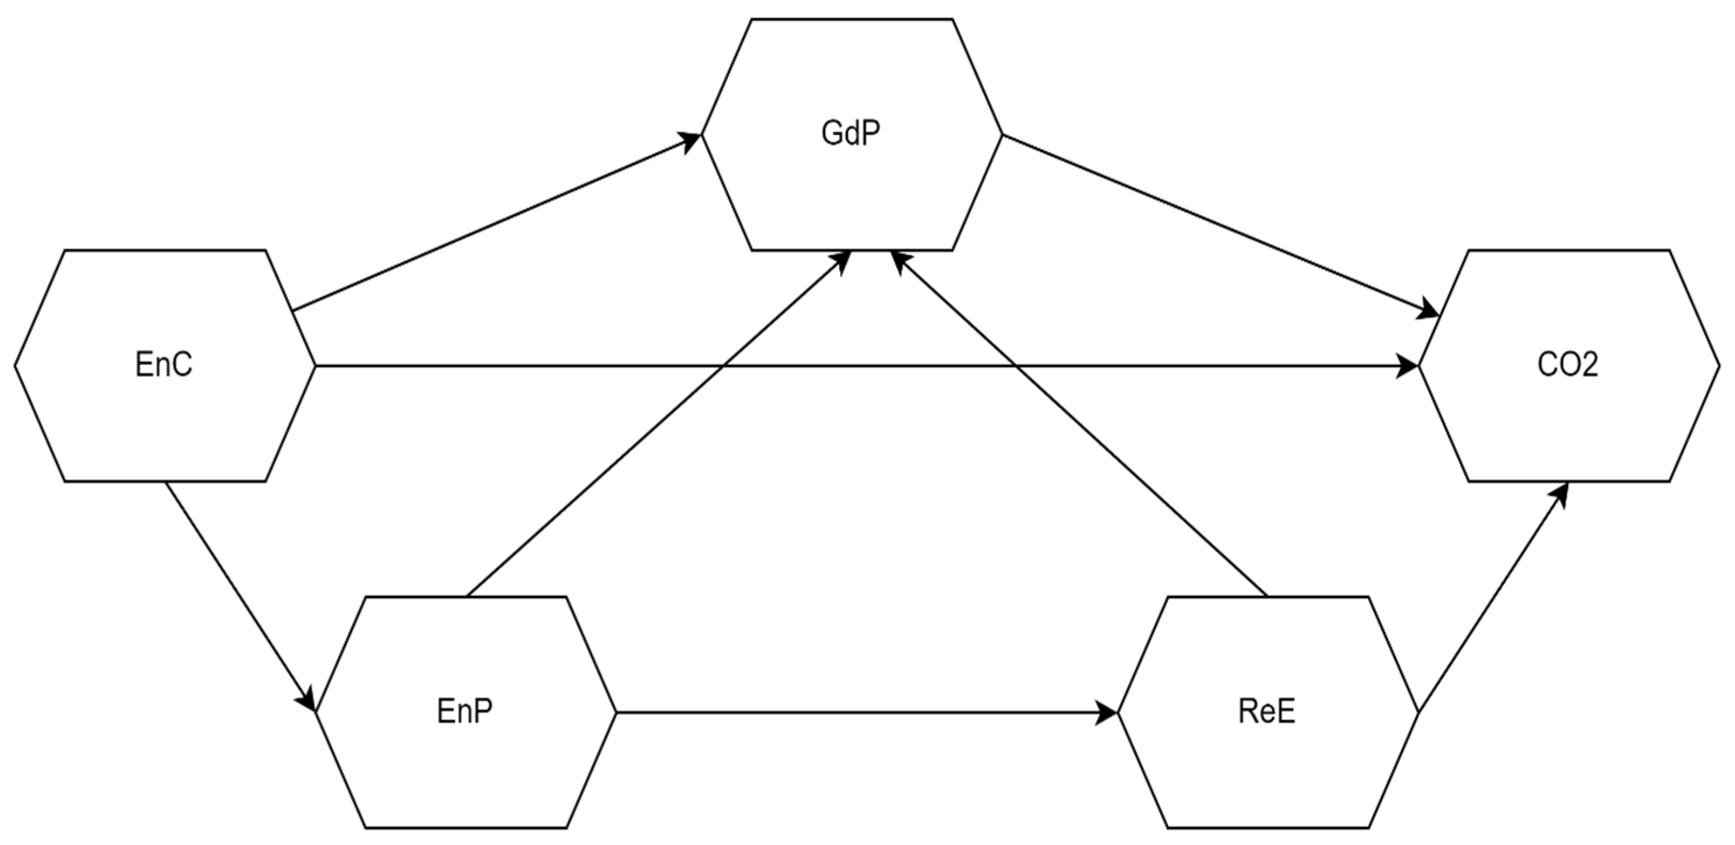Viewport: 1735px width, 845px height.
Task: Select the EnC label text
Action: coord(164,365)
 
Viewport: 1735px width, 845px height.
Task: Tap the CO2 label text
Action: coord(1568,365)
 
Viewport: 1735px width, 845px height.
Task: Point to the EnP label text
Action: coord(465,711)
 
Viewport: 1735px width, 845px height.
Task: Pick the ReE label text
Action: coord(1266,711)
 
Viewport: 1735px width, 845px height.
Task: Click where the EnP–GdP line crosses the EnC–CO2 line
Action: coord(723,366)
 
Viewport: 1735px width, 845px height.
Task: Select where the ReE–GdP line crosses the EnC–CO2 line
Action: coord(1015,366)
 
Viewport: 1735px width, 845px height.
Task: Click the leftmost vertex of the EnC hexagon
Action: coord(15,366)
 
